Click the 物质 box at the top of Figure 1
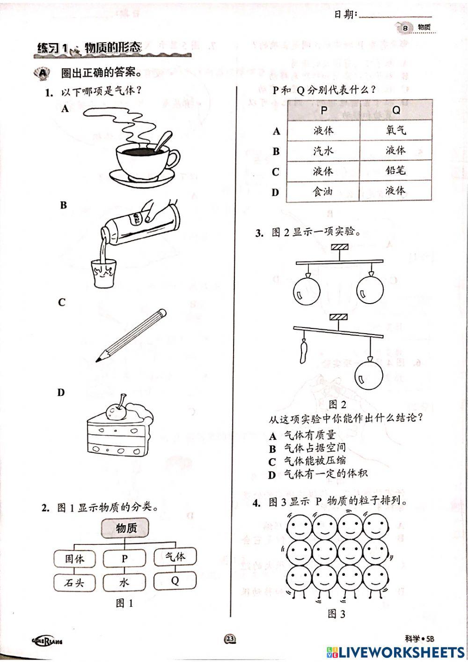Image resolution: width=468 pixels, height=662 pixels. click(126, 528)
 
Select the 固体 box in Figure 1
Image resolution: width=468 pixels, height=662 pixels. click(74, 558)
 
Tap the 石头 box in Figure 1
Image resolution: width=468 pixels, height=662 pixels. click(74, 582)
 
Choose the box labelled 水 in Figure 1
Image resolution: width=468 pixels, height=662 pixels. click(124, 582)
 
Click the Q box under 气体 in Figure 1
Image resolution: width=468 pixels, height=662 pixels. click(175, 581)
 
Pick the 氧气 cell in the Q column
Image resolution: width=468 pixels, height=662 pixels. click(395, 130)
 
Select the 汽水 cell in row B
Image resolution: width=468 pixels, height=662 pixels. click(323, 151)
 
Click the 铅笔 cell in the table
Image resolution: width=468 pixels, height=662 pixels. click(395, 171)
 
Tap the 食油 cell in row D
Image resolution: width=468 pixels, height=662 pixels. click(323, 191)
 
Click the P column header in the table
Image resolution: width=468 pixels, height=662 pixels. click(323, 111)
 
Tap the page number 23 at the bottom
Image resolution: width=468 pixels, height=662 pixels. click(230, 639)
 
